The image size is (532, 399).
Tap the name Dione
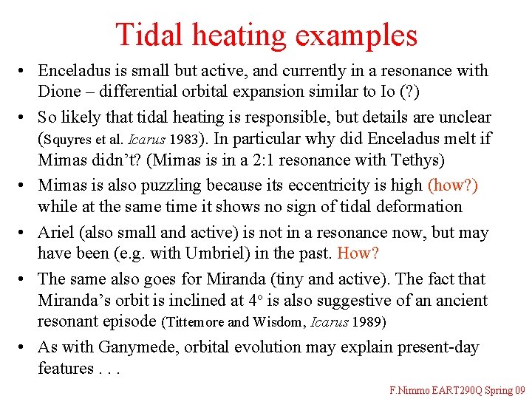(x=59, y=92)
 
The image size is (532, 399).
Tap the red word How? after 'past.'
(x=358, y=253)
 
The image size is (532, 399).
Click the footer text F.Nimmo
(x=410, y=389)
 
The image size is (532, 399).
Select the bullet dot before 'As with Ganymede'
(x=24, y=347)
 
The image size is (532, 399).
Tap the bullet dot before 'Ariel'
(x=24, y=233)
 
